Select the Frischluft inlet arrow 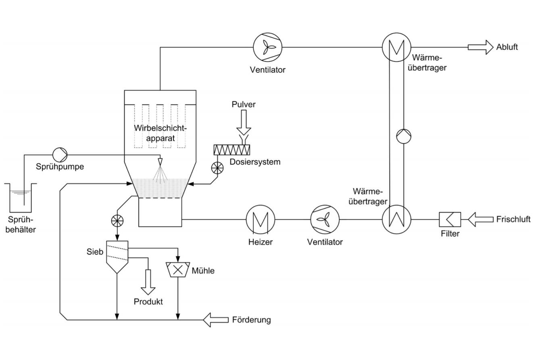coord(481,220)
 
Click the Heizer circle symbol coord(261,220)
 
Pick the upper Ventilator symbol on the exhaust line coord(267,47)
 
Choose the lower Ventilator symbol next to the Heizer coord(325,220)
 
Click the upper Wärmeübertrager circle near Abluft coord(396,47)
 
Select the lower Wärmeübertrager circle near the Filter coord(396,220)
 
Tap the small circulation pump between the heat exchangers coord(403,136)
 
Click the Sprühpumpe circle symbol coord(60,154)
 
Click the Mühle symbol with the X coord(178,270)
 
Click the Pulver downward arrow coord(244,123)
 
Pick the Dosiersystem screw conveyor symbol coord(232,150)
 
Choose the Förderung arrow coord(215,320)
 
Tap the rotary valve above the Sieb coord(117,220)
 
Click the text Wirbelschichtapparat coord(161,133)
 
